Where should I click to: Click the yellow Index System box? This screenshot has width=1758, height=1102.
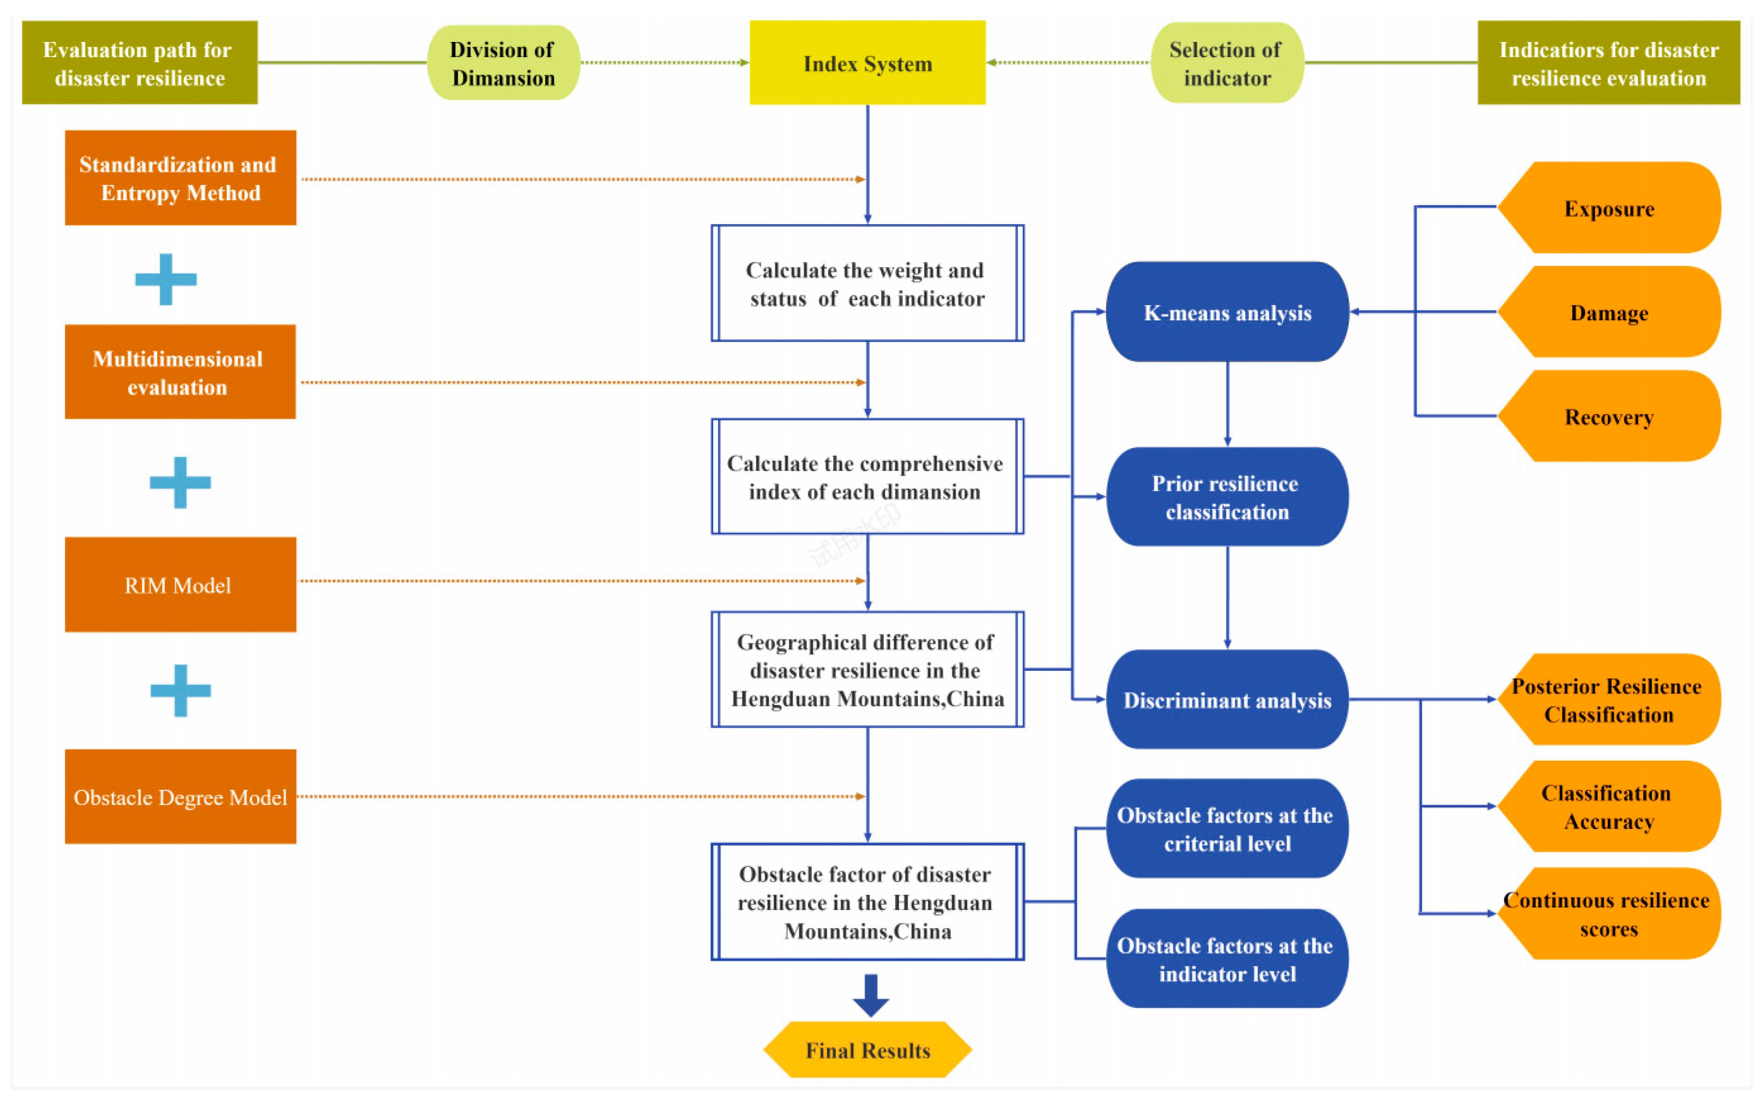867,63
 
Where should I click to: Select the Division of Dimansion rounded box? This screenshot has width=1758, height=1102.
503,63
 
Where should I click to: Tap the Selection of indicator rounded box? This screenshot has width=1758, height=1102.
1227,63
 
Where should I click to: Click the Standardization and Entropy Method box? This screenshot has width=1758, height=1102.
180,178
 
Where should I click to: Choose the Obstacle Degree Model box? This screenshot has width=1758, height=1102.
180,797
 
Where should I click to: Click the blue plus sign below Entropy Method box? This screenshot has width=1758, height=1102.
166,279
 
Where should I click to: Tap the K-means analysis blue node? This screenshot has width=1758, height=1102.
1227,312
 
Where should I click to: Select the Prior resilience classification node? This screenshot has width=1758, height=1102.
1227,497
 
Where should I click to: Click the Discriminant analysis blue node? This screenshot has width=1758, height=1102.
1227,700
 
